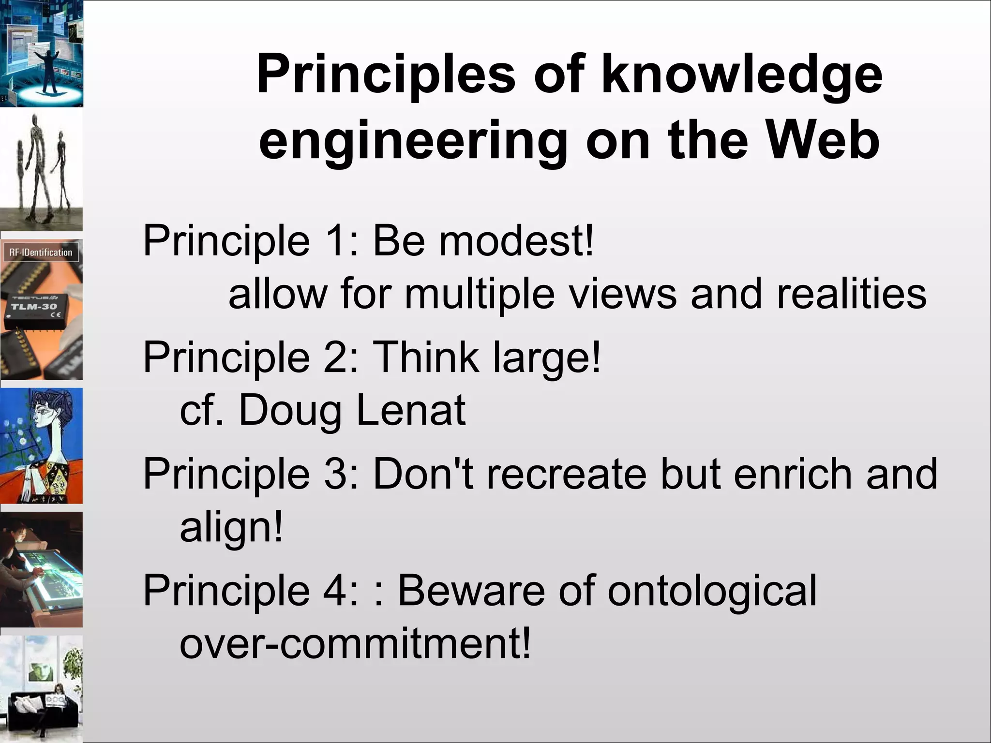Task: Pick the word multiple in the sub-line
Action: (480, 295)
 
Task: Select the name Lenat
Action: (411, 410)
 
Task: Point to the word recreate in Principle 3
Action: (567, 474)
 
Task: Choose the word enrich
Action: (792, 474)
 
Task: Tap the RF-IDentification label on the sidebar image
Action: (41, 253)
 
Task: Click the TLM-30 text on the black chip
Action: (34, 307)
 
